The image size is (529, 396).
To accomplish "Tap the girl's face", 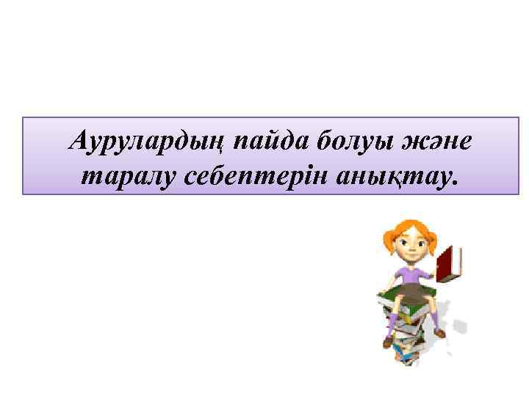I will pos(410,246).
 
